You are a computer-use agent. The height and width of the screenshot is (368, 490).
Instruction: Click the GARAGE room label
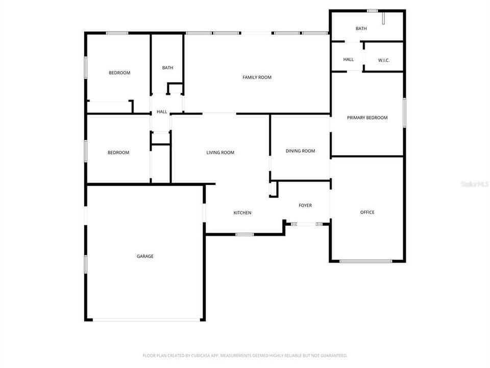coord(145,257)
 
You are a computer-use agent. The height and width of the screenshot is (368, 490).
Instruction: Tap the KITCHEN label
coord(242,213)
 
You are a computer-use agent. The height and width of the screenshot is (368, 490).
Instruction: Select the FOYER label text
coord(305,205)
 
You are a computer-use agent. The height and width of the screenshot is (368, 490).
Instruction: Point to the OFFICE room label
coord(367,213)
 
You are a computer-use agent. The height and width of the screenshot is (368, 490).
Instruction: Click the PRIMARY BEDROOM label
coord(367,118)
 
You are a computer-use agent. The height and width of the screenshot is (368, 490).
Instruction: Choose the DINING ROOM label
coord(300,151)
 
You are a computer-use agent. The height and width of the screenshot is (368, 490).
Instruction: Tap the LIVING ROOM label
coord(220,153)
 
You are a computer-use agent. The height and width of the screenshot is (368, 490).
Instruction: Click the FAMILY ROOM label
coord(257,78)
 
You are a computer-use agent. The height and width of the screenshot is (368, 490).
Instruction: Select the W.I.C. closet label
coord(384,60)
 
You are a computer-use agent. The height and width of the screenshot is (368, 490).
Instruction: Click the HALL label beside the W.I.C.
coord(349,60)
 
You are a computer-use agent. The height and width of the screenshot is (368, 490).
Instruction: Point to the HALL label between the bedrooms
coord(162,112)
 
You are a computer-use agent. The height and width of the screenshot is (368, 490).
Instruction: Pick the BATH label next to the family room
coord(168,68)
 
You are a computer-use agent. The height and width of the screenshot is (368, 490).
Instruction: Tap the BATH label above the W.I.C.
coord(361,29)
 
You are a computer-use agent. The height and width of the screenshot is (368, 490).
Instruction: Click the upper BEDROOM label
coord(119,73)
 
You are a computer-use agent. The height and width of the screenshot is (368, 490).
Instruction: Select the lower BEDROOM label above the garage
coord(118,153)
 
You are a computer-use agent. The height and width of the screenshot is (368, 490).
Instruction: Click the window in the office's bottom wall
coord(365,261)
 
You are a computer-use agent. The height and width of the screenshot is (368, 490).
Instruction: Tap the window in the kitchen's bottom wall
coord(245,235)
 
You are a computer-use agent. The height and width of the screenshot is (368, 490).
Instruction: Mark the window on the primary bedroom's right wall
coord(404,112)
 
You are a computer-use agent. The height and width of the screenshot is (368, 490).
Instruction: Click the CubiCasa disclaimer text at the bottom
coord(245,355)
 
